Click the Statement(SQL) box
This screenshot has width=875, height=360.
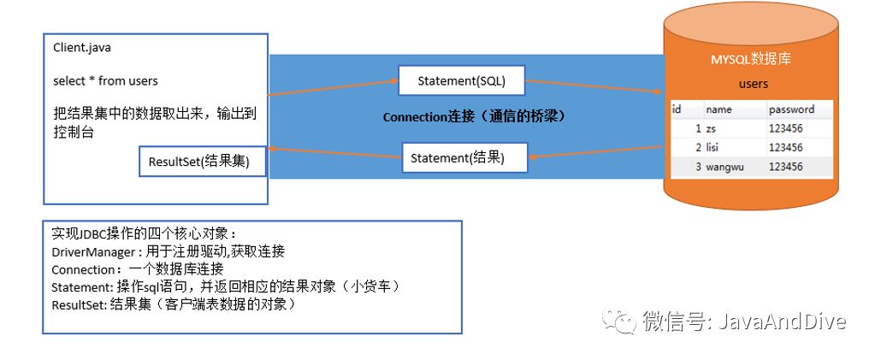pyautogui.click(x=461, y=81)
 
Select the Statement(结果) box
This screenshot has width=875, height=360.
pyautogui.click(x=458, y=158)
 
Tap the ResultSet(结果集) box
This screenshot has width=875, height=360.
pyautogui.click(x=199, y=162)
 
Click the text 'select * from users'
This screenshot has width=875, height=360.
pyautogui.click(x=105, y=80)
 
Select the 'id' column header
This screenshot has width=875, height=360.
pyautogui.click(x=677, y=109)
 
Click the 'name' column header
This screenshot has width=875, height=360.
pyautogui.click(x=718, y=109)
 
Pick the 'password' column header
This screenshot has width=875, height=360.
pyautogui.click(x=790, y=109)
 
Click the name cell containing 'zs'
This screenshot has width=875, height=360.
pyautogui.click(x=712, y=128)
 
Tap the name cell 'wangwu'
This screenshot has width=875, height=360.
pyautogui.click(x=724, y=167)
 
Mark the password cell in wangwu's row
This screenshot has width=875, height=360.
pyautogui.click(x=785, y=167)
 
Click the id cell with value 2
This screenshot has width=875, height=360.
pyautogui.click(x=698, y=147)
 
